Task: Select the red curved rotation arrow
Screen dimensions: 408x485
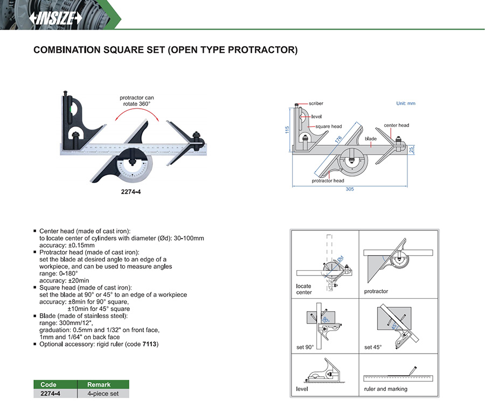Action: (137, 114)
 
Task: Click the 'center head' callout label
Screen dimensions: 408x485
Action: (396, 125)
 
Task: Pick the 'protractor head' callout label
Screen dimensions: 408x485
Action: (328, 181)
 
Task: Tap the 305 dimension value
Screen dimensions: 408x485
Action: (351, 189)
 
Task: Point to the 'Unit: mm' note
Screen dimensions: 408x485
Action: (406, 103)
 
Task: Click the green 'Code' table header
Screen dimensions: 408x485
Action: (48, 385)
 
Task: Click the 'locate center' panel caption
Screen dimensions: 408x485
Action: (304, 289)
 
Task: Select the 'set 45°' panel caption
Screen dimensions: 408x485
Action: (373, 347)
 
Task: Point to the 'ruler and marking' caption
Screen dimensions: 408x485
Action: (386, 389)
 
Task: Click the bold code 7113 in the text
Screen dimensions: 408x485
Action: (150, 343)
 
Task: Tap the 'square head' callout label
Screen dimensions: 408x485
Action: (329, 126)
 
